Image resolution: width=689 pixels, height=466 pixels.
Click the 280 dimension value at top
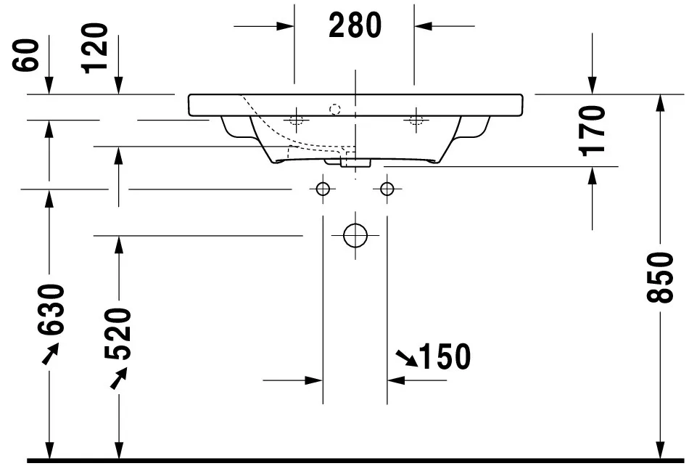tap(355, 26)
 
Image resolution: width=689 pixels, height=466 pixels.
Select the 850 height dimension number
tap(660, 277)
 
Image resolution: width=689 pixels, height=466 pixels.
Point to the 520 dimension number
tap(118, 334)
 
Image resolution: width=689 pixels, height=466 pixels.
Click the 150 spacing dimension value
tap(444, 356)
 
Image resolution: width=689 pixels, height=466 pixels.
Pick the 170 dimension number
tap(593, 130)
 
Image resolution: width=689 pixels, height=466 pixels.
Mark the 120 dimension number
tap(94, 48)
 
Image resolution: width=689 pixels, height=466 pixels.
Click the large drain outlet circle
tap(355, 235)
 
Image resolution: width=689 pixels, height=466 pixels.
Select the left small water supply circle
tap(323, 189)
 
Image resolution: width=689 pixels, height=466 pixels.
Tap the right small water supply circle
tap(387, 189)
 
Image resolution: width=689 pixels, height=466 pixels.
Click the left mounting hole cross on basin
tap(295, 119)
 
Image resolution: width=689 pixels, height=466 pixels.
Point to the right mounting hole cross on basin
tap(416, 119)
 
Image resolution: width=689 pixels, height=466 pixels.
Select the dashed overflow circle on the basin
tap(334, 110)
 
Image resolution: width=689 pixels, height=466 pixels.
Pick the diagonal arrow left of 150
tap(406, 358)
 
